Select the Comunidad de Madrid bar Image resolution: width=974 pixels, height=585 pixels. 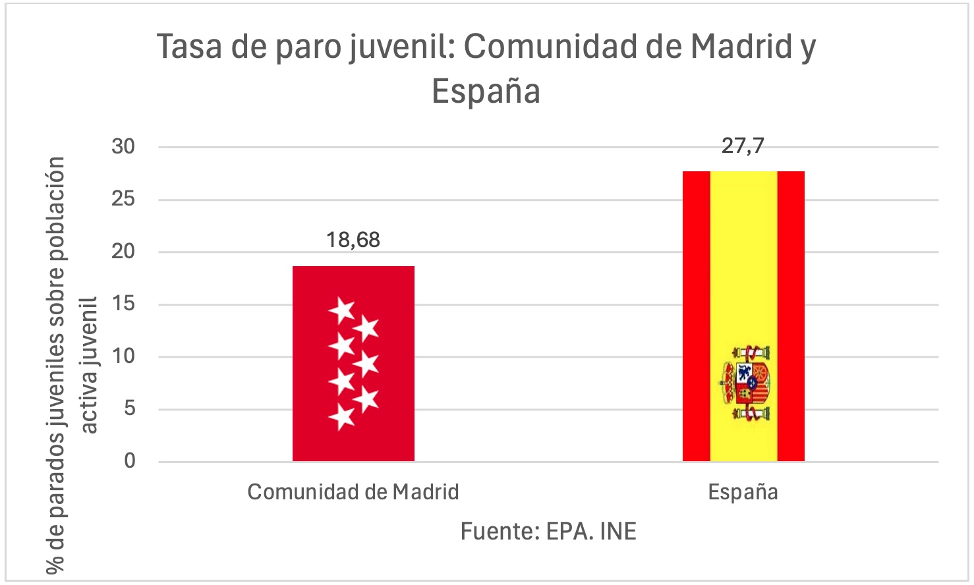(353, 363)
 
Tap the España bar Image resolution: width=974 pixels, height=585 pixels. (743, 316)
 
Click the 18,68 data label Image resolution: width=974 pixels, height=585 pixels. (353, 240)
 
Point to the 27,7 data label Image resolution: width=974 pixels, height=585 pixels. (743, 146)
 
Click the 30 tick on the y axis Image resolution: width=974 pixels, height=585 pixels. (123, 147)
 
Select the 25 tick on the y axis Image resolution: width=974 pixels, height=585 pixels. (123, 199)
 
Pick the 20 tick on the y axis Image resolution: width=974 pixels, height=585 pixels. (123, 252)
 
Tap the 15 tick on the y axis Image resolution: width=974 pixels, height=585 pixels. (123, 304)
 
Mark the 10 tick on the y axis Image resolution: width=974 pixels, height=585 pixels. (123, 356)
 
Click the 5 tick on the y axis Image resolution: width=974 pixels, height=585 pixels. (129, 408)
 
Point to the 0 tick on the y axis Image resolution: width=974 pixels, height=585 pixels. (130, 460)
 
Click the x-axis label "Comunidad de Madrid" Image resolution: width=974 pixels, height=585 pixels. (353, 492)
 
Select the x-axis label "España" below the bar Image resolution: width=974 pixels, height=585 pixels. (743, 492)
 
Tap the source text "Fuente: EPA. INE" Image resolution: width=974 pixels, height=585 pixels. (548, 532)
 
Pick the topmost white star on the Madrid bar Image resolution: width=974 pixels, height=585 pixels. (342, 310)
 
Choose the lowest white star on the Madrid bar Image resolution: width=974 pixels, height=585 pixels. (342, 417)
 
